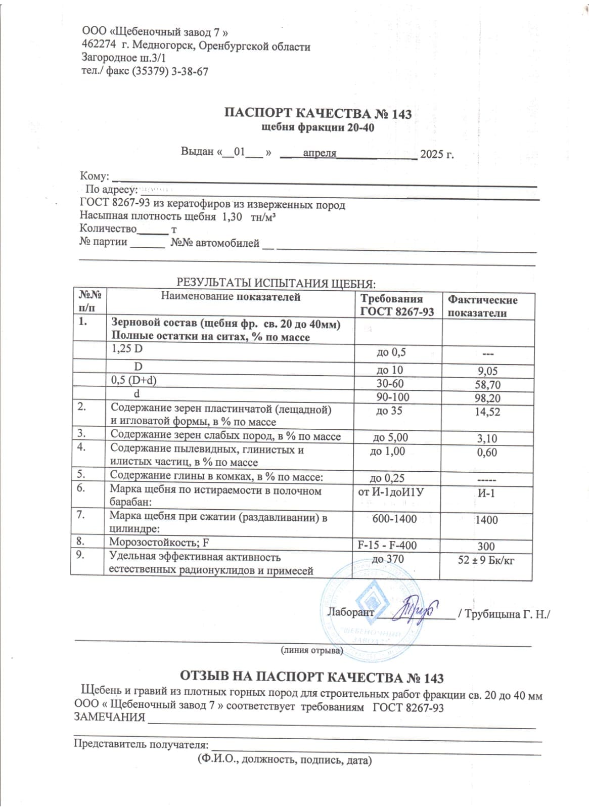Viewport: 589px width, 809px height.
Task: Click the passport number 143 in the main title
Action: pyautogui.click(x=401, y=114)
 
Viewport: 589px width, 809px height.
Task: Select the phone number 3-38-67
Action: pyautogui.click(x=190, y=71)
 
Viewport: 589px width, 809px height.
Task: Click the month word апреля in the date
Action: pyautogui.click(x=320, y=153)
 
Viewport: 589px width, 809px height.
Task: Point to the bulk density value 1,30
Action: pyautogui.click(x=232, y=216)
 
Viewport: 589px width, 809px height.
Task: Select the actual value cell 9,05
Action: pyautogui.click(x=487, y=371)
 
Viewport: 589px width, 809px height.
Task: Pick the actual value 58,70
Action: pyautogui.click(x=487, y=385)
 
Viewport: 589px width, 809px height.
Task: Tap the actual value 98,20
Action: pyautogui.click(x=487, y=398)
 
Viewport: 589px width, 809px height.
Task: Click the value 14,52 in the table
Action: pyautogui.click(x=487, y=412)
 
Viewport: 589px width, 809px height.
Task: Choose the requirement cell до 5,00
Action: pyautogui.click(x=390, y=437)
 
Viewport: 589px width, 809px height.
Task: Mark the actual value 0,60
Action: pyautogui.click(x=487, y=453)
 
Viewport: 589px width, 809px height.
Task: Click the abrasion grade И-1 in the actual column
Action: pyautogui.click(x=486, y=493)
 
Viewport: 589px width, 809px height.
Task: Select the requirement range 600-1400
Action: pyautogui.click(x=394, y=519)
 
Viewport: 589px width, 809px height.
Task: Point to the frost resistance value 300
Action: pyautogui.click(x=486, y=546)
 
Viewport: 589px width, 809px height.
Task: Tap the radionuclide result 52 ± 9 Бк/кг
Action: pyautogui.click(x=486, y=560)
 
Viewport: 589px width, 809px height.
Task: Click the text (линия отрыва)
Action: pyautogui.click(x=311, y=650)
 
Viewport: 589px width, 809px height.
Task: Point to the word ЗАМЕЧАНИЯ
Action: pyautogui.click(x=109, y=717)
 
